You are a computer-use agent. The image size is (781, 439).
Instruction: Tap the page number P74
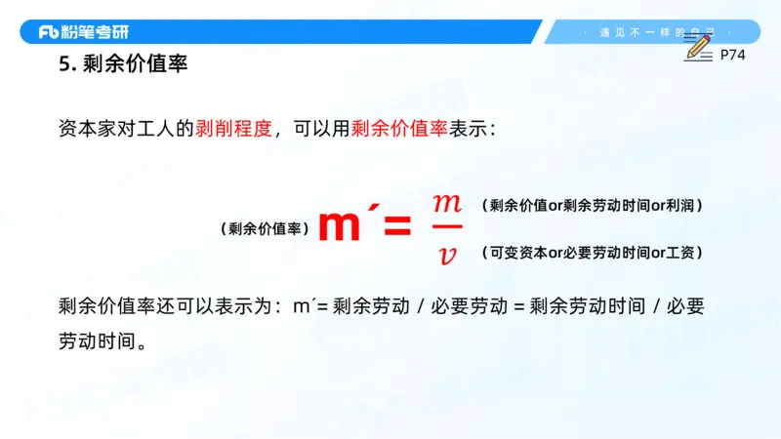[732, 56]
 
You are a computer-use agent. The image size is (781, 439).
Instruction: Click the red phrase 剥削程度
[234, 129]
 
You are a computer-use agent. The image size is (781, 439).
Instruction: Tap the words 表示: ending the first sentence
[473, 129]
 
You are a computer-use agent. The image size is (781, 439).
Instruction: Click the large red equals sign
[396, 228]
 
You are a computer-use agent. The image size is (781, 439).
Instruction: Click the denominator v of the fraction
[447, 255]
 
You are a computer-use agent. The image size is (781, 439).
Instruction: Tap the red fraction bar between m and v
[446, 229]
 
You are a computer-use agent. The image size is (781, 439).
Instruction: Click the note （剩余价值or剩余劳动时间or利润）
[593, 206]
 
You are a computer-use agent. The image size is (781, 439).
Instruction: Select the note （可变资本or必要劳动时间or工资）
[593, 253]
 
